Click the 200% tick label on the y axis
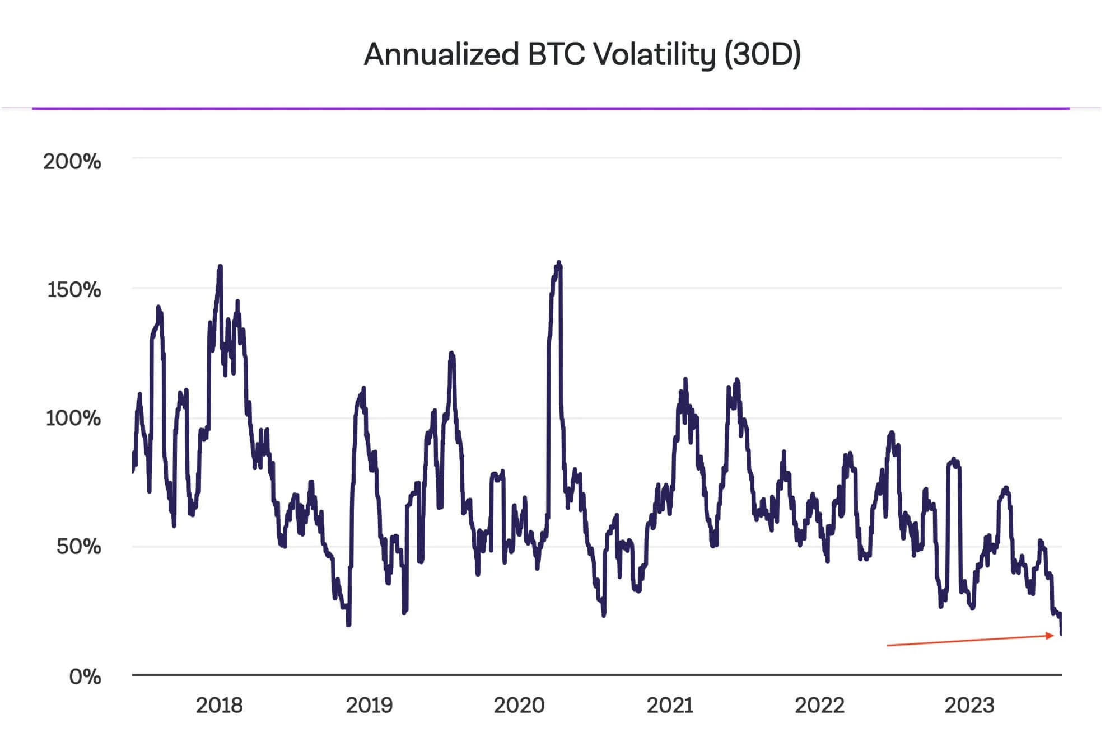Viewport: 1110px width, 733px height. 72,162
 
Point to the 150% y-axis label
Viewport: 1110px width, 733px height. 74,290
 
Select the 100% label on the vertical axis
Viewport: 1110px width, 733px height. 73,418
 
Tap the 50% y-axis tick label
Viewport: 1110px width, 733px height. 78,546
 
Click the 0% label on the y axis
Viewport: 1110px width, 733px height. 85,677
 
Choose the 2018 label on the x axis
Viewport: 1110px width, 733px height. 219,706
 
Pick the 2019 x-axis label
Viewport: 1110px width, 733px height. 369,706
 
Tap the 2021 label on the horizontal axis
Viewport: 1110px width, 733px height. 670,706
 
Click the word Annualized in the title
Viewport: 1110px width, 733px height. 441,55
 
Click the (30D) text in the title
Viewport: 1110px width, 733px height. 762,55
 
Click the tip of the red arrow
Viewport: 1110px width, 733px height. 1053,635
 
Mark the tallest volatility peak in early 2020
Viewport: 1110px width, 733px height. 558,262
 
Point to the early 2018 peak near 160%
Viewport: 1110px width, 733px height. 220,266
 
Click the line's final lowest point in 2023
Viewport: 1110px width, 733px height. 1061,634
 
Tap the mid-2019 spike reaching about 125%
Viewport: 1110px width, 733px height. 451,353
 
